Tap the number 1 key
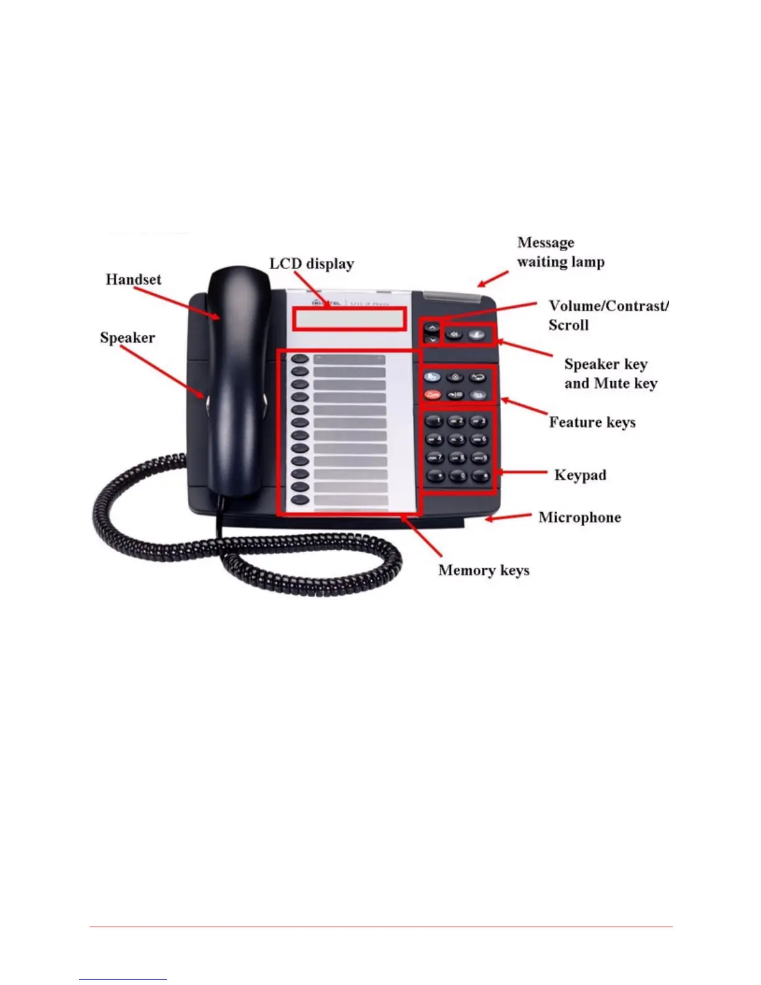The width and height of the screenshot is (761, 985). point(435,422)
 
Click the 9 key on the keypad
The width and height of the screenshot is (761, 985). point(479,458)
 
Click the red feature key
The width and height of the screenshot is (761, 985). point(433,395)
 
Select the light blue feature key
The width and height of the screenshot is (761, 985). point(433,377)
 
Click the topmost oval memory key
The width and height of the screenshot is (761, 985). point(300,359)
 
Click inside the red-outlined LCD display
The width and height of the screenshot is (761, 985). point(350,318)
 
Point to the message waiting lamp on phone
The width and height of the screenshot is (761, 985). point(452,296)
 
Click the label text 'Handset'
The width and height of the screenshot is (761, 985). point(133,279)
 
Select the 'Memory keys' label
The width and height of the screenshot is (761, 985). point(484,570)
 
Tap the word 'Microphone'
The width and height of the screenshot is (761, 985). point(579,517)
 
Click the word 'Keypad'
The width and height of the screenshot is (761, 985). point(580,475)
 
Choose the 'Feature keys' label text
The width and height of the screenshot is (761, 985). point(592,423)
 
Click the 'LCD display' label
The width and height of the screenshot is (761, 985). point(311,264)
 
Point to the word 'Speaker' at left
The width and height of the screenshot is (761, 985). point(127,338)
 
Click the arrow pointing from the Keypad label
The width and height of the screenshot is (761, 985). point(521,473)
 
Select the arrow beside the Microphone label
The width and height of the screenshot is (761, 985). point(509,517)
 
